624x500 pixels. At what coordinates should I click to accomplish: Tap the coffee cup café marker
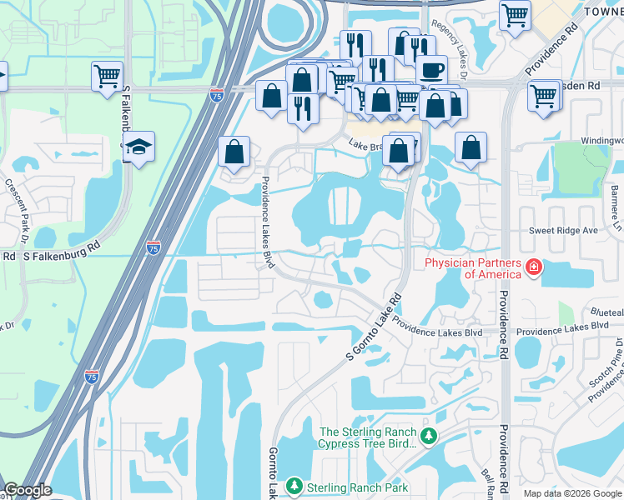[x=431, y=70]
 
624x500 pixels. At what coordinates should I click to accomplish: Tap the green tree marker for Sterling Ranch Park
[x=293, y=485]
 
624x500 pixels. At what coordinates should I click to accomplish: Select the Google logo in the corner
[x=28, y=490]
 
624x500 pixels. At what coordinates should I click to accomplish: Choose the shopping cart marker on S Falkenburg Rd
[x=107, y=76]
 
